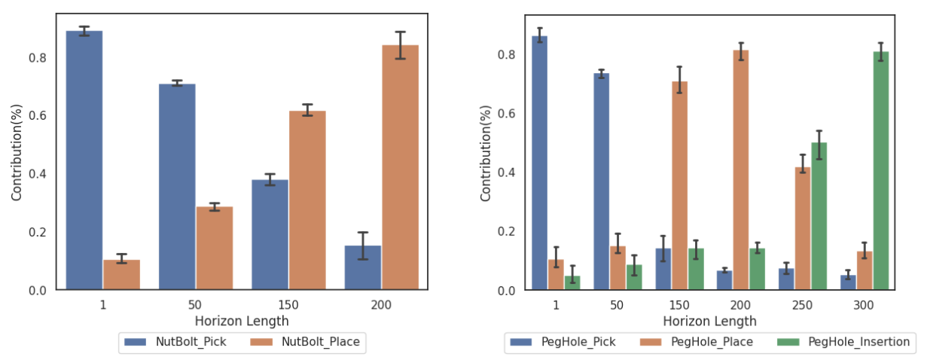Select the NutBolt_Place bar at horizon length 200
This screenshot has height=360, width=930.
(x=401, y=166)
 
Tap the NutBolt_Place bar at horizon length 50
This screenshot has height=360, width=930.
(x=215, y=248)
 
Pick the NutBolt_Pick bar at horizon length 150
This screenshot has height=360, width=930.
(x=270, y=234)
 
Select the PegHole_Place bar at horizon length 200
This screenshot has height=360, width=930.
(x=741, y=169)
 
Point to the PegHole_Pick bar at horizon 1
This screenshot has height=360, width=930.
(x=539, y=163)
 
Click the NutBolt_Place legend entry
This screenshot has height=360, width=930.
(x=307, y=342)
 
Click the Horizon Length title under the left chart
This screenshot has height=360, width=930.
(x=248, y=321)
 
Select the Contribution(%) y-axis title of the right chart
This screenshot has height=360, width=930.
(x=486, y=151)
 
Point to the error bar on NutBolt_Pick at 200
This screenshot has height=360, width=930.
(x=363, y=246)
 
